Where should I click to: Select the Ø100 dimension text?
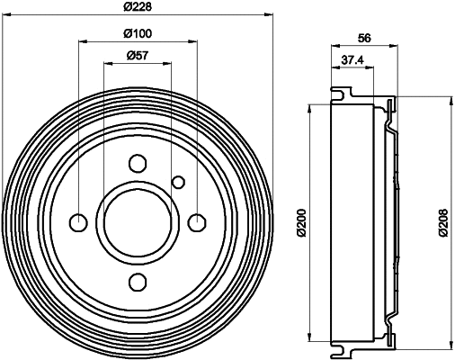click(x=137, y=34)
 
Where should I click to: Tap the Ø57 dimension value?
click(x=137, y=57)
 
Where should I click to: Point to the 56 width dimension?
click(x=364, y=38)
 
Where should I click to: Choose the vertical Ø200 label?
click(x=302, y=221)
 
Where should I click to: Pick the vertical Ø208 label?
click(x=442, y=221)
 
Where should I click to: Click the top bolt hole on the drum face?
click(x=137, y=164)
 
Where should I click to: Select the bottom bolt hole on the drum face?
click(x=137, y=282)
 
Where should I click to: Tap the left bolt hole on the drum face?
click(x=78, y=222)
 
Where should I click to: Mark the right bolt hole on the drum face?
click(x=196, y=222)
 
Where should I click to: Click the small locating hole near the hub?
click(x=178, y=183)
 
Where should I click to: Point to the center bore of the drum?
click(x=137, y=222)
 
